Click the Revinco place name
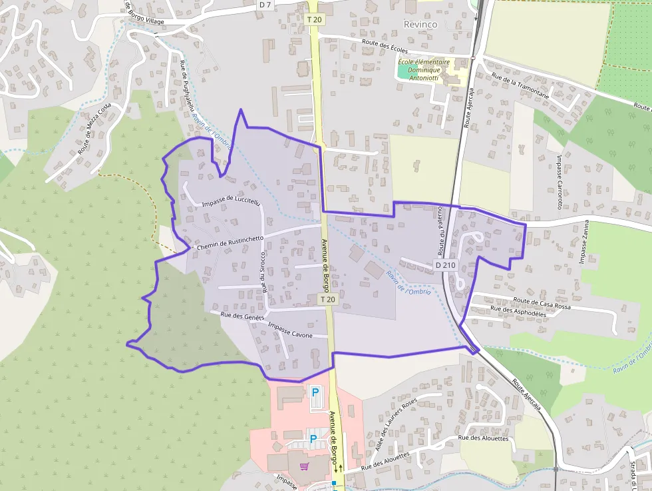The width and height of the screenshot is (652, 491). (421, 24)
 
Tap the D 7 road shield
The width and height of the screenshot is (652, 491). (265, 5)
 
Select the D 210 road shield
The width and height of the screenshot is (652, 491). (445, 265)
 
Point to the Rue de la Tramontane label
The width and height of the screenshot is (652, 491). (520, 86)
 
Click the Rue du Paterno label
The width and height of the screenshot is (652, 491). (440, 231)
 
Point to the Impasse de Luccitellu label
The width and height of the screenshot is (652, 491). (230, 201)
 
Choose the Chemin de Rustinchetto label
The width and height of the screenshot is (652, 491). (230, 243)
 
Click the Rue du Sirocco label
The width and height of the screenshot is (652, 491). (263, 272)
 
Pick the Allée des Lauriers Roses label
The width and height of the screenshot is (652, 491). (395, 424)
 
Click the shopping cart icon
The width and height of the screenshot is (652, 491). (305, 467)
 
